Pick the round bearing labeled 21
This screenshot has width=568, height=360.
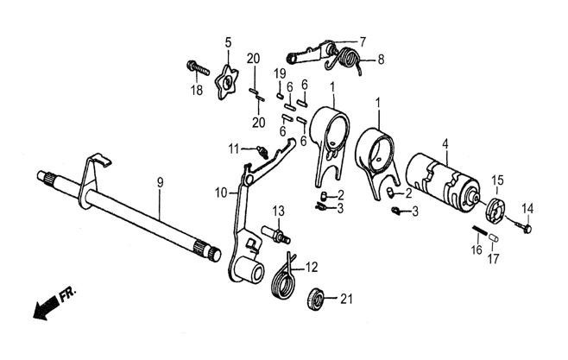pyautogui.click(x=317, y=300)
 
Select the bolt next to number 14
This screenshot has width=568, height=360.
pyautogui.click(x=525, y=226)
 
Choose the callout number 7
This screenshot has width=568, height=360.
pyautogui.click(x=363, y=41)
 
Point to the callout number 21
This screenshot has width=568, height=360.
pyautogui.click(x=346, y=300)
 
